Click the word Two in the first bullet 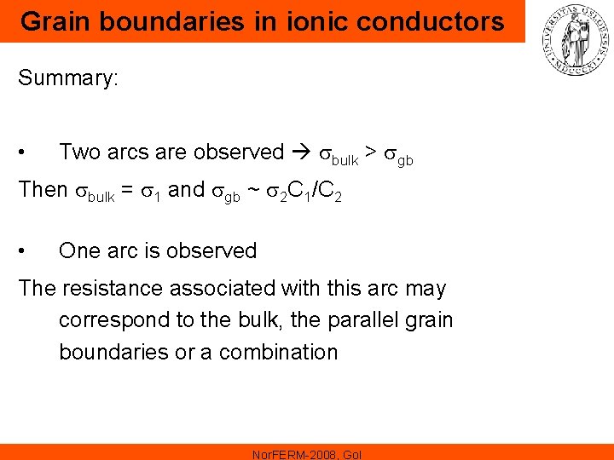tap(80, 152)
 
